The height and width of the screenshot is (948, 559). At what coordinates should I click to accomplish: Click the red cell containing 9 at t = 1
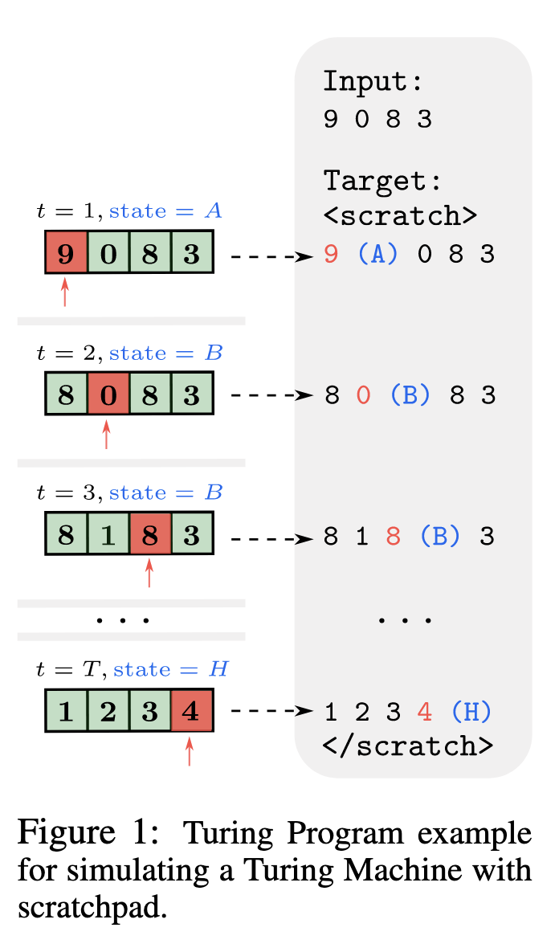[66, 254]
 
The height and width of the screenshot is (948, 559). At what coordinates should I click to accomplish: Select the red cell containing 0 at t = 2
[108, 396]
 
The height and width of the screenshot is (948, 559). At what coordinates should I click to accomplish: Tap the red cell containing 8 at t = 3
[149, 535]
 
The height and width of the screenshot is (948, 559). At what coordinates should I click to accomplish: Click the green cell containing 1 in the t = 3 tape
[108, 535]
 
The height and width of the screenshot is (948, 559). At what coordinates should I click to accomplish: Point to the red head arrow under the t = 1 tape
[65, 292]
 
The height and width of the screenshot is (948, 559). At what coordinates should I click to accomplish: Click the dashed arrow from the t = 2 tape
[271, 396]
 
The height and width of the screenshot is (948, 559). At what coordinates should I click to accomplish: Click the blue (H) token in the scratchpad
[471, 712]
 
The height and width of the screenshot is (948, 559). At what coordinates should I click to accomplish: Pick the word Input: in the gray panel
[373, 82]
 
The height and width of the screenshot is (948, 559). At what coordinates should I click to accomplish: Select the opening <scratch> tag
[400, 216]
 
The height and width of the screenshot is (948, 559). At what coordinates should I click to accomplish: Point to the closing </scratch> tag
[407, 746]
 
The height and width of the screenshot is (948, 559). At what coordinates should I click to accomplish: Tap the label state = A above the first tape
[165, 211]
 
